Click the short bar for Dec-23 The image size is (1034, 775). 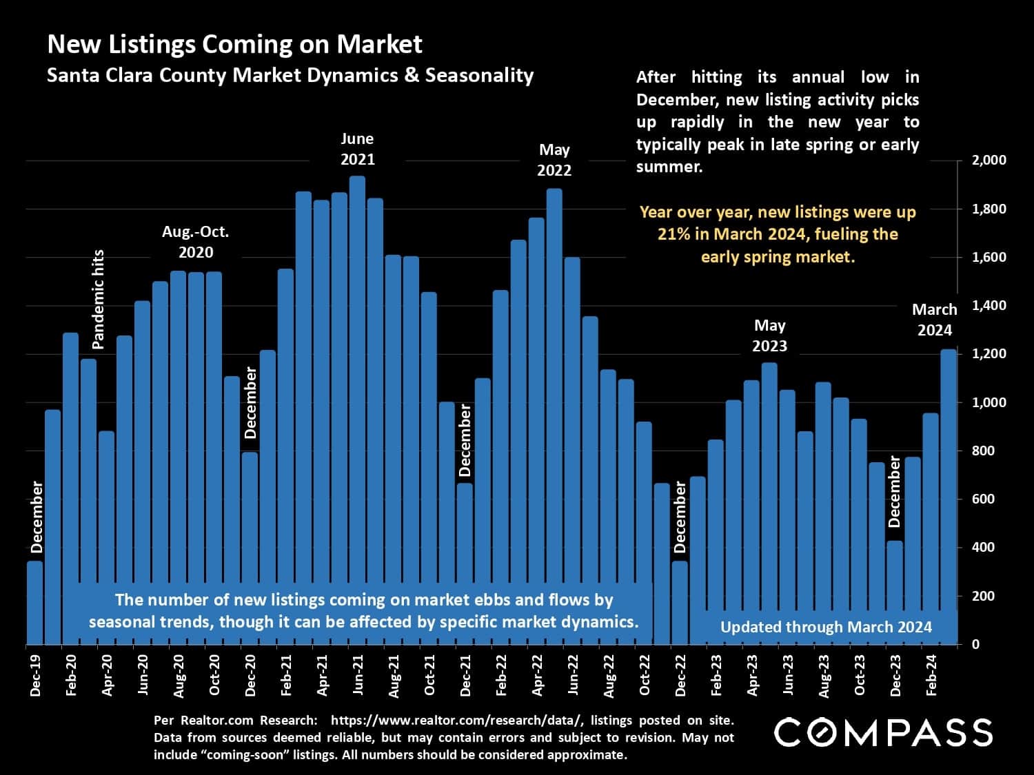(895, 592)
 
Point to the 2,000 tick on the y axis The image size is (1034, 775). (989, 161)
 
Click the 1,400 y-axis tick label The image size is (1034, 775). (989, 305)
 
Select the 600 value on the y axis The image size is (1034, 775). (983, 499)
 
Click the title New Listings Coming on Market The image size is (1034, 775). (234, 44)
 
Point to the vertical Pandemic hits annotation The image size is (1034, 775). (98, 299)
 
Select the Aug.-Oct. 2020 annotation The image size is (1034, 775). (196, 242)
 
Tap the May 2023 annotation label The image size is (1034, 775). (769, 335)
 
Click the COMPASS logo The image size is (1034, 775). (884, 732)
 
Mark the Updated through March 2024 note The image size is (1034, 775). (826, 627)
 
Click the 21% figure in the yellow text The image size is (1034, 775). (673, 234)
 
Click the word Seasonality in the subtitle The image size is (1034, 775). (479, 75)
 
